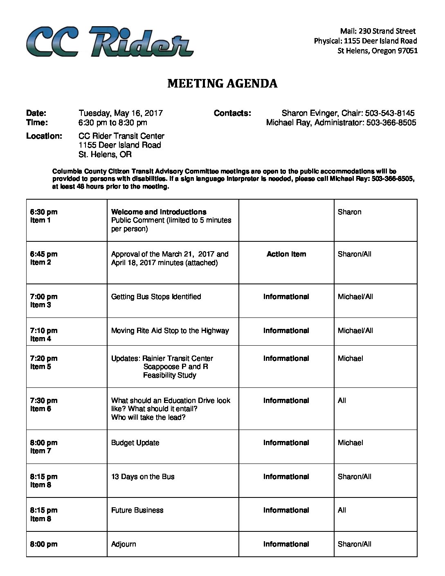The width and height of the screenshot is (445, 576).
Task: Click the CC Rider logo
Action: [110, 41]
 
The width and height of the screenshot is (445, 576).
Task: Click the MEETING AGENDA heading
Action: [222, 83]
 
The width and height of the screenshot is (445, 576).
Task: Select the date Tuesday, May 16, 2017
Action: [121, 113]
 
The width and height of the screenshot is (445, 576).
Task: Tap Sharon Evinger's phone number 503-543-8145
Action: [390, 113]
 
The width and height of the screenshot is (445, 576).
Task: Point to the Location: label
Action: [44, 136]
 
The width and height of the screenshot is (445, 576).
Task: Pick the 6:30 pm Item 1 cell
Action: [44, 216]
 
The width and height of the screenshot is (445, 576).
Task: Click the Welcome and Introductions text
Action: [159, 212]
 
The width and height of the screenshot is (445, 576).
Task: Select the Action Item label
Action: [286, 254]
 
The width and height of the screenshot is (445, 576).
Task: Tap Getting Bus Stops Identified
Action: [156, 297]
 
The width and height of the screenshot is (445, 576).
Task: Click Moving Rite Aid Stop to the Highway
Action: [170, 331]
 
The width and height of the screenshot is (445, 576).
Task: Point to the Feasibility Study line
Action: [169, 375]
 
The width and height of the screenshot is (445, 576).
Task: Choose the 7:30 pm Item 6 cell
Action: [44, 405]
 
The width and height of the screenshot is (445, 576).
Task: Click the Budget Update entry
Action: [135, 443]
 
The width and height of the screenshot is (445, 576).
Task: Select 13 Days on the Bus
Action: [143, 477]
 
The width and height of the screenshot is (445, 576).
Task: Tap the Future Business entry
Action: [137, 510]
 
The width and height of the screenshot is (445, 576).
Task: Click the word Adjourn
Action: [124, 544]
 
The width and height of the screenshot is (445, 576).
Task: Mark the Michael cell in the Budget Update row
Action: [351, 443]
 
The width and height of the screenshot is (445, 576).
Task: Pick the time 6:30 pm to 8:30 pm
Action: [113, 123]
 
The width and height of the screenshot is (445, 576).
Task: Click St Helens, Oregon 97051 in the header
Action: [378, 51]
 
